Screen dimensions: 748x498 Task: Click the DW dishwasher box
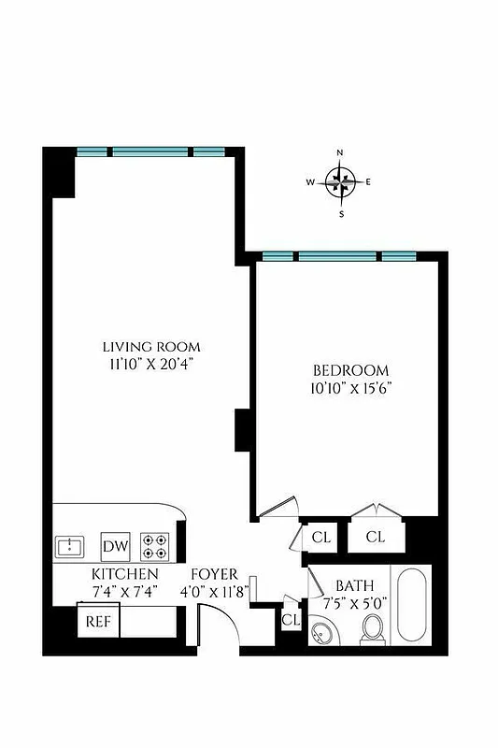click(115, 546)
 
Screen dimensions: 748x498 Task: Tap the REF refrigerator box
click(96, 621)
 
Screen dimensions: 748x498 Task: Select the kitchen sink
click(70, 545)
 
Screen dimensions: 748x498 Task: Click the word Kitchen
click(124, 573)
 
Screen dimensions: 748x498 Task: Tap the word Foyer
click(215, 573)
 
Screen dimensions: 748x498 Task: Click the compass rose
click(340, 182)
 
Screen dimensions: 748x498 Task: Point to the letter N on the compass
click(340, 152)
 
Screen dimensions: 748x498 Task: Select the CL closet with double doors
click(376, 537)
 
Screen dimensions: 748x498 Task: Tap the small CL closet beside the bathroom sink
click(291, 620)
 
